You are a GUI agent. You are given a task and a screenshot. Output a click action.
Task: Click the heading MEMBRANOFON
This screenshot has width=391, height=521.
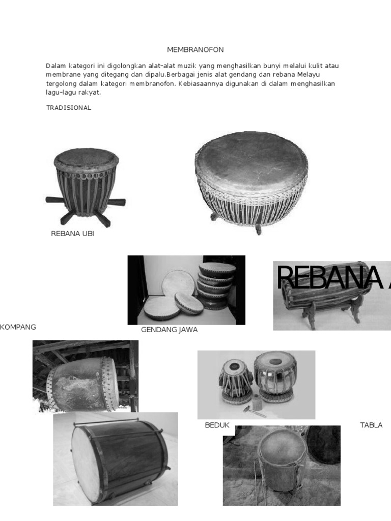coord(195,49)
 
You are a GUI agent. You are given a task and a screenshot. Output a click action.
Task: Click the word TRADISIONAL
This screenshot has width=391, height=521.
coord(69,108)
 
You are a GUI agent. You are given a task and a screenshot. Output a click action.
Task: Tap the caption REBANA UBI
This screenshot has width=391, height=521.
coord(72,234)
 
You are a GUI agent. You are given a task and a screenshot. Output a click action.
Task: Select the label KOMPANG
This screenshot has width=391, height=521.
coord(18,327)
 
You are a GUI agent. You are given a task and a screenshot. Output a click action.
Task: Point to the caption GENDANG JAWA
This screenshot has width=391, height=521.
coord(169,330)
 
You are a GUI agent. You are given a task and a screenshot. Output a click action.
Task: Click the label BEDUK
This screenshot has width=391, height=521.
coord(217,425)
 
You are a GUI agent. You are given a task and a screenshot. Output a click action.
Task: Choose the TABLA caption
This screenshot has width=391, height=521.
coord(371,425)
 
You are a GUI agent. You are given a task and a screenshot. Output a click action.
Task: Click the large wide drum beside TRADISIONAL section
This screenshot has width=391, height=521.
coord(252,178)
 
